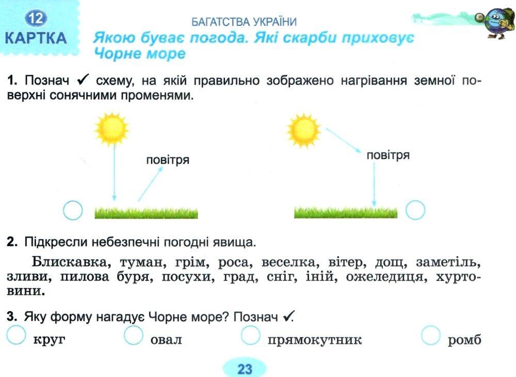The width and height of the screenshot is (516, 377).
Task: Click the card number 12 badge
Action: pos(36,18)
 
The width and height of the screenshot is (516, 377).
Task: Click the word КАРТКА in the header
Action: pos(36,38)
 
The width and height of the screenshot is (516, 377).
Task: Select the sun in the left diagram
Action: pos(111,129)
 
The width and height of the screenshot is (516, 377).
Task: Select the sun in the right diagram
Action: pos(303,130)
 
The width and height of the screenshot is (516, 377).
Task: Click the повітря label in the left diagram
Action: pos(168,160)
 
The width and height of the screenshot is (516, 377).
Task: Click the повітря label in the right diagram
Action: pos(388,155)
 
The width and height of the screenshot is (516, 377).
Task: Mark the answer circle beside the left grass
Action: pos(73,210)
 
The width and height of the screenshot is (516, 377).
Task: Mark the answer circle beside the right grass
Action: pos(415,210)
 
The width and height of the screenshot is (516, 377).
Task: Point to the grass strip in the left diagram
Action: pos(146,212)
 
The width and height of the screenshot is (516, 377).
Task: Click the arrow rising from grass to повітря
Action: pos(150,184)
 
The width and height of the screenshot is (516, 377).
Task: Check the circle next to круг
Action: pos(16,335)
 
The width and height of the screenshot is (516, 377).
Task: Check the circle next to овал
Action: pos(133,335)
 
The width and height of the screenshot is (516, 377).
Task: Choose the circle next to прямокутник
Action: pos(250,335)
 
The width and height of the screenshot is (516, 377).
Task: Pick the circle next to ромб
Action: pos(431,335)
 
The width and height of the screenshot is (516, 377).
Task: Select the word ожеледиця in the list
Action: pos(386,277)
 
